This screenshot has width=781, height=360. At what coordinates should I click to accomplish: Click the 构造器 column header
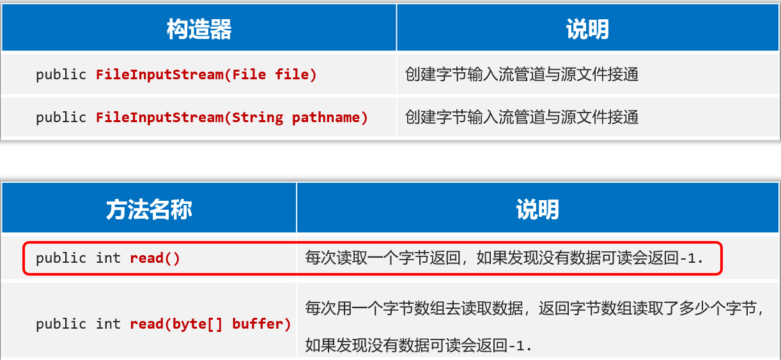(x=199, y=29)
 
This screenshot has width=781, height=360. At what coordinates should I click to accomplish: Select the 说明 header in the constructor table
(x=587, y=29)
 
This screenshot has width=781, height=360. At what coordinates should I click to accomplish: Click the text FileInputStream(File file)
(x=206, y=74)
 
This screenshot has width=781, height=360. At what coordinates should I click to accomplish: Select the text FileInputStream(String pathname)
(x=232, y=117)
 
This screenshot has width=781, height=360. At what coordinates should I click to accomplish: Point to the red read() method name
(x=155, y=258)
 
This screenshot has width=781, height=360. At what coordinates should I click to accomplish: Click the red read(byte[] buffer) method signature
(x=210, y=324)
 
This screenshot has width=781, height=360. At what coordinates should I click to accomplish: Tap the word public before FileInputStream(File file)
(x=61, y=74)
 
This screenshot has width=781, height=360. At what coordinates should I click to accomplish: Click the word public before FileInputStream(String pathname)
(x=61, y=117)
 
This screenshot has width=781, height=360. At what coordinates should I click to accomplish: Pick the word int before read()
(x=108, y=258)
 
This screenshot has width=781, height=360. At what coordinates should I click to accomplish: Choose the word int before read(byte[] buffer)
(x=108, y=324)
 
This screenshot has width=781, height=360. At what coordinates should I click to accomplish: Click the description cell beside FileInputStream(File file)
(x=522, y=74)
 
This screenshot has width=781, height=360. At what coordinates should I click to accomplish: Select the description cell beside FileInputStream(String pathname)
(x=522, y=117)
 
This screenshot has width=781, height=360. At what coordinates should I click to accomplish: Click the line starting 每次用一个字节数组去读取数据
(x=534, y=308)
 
